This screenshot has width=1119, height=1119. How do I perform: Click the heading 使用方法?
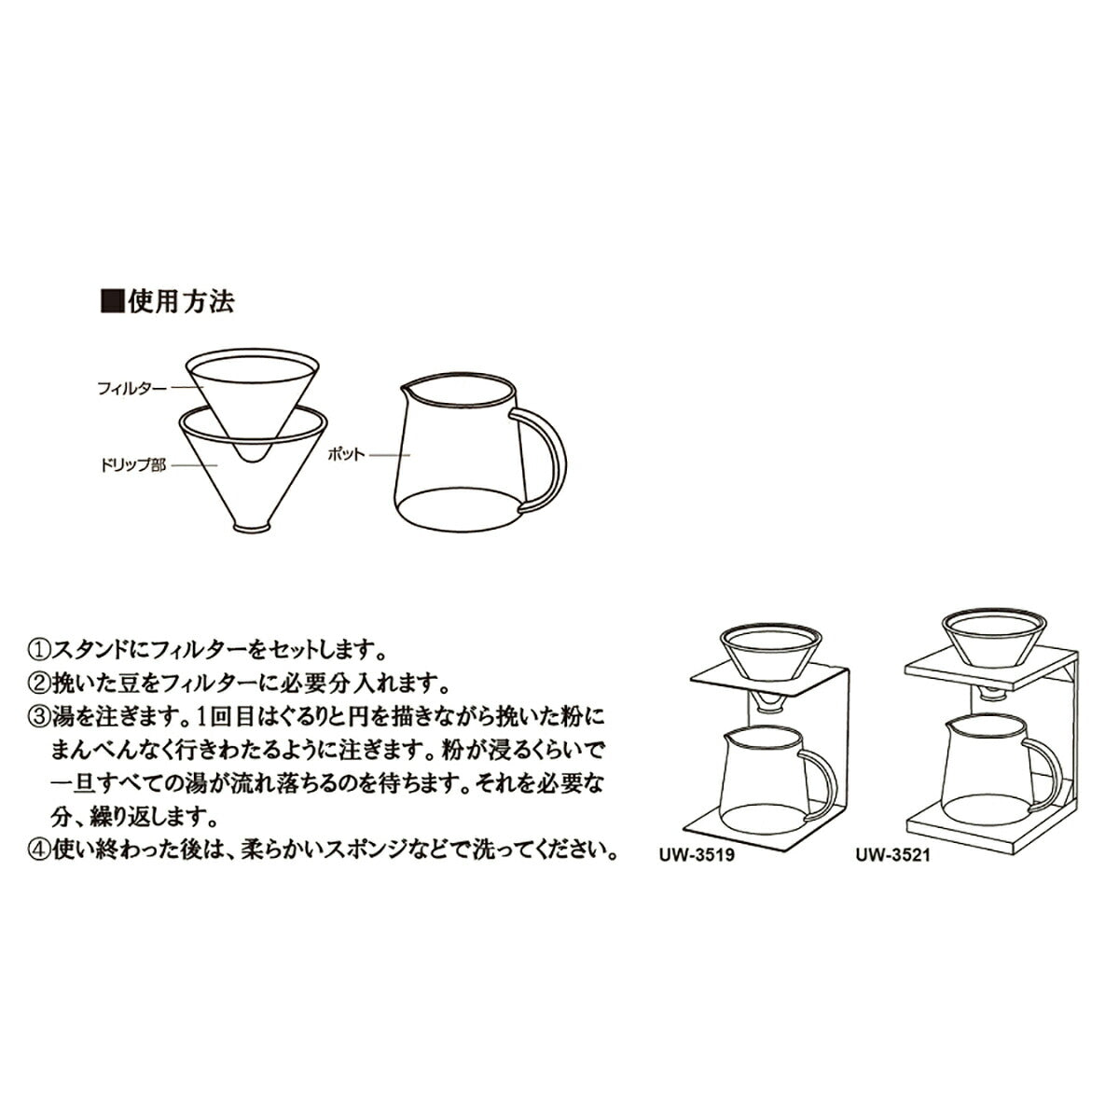[x=182, y=301]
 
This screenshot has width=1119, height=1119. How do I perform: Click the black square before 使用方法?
[x=112, y=301]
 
